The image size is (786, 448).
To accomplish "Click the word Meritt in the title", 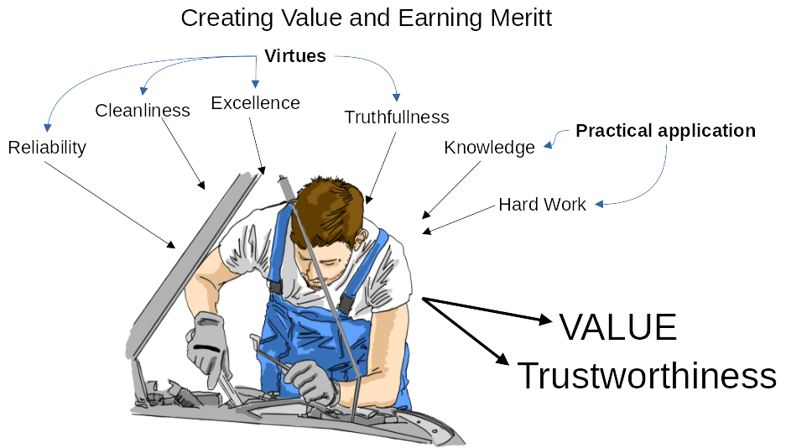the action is tap(521, 18).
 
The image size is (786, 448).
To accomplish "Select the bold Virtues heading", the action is tap(295, 55).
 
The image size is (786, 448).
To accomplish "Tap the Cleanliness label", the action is tap(143, 110).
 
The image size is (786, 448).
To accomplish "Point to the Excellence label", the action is tap(255, 102).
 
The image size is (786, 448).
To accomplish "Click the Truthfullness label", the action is tap(397, 117).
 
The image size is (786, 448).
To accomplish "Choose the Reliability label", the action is tap(47, 148).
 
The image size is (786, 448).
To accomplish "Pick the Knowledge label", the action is tap(489, 148).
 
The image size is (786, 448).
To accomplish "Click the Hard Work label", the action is tap(542, 205).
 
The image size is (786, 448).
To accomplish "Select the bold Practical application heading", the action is tap(665, 131).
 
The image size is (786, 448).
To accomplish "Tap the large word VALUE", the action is tap(617, 326).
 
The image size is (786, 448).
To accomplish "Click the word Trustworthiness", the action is tap(647, 375).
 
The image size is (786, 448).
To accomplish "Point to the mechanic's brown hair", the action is tap(328, 208).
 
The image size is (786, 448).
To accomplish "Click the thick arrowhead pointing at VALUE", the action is tap(545, 319).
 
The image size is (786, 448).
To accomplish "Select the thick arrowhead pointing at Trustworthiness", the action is tap(502, 357).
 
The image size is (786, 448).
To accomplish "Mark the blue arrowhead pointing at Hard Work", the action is tap(600, 204).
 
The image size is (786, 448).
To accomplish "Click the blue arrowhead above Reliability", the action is tap(48, 127).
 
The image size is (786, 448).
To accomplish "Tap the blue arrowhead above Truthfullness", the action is tap(396, 96).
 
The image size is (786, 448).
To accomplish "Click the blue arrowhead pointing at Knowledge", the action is tap(549, 145).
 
